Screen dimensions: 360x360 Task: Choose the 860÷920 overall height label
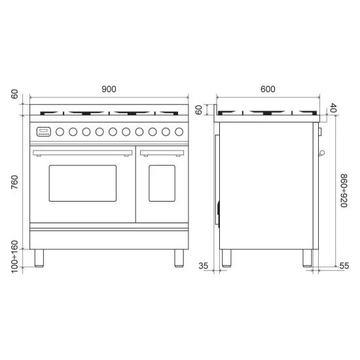click(344, 190)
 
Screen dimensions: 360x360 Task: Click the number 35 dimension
click(204, 266)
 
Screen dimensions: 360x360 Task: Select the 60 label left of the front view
click(15, 94)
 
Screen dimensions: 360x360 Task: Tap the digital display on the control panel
click(44, 131)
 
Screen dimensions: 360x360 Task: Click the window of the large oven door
click(82, 183)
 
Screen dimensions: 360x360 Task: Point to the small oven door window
click(162, 183)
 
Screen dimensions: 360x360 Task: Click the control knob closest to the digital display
click(60, 132)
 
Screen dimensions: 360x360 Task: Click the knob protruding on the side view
click(321, 154)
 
